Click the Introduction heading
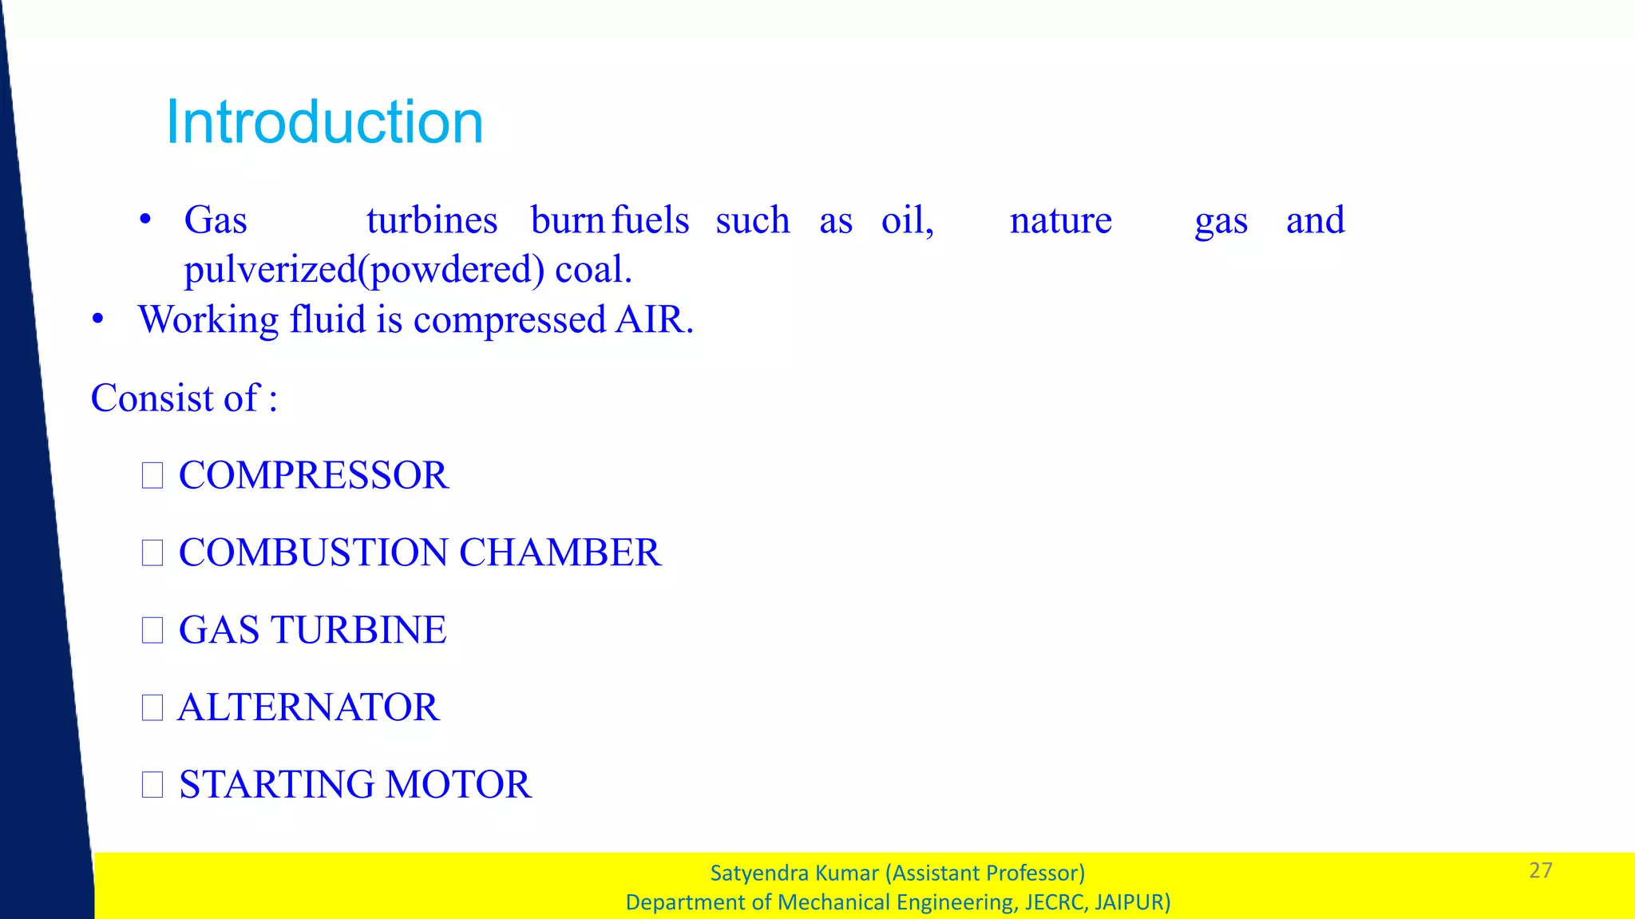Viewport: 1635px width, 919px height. point(324,122)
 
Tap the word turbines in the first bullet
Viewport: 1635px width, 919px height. point(432,220)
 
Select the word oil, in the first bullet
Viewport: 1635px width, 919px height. point(908,220)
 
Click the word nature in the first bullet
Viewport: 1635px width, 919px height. point(1060,220)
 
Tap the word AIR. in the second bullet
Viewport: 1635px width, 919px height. point(654,319)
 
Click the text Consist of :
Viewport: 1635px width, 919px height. point(184,398)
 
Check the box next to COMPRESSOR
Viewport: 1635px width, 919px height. point(152,476)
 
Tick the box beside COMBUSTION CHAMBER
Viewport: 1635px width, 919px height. point(152,553)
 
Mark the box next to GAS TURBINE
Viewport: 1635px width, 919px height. point(152,630)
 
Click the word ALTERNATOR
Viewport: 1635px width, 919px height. point(308,707)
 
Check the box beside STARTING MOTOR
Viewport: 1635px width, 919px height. point(152,784)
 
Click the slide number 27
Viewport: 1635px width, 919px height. point(1540,870)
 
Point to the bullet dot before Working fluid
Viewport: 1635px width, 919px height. point(98,319)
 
